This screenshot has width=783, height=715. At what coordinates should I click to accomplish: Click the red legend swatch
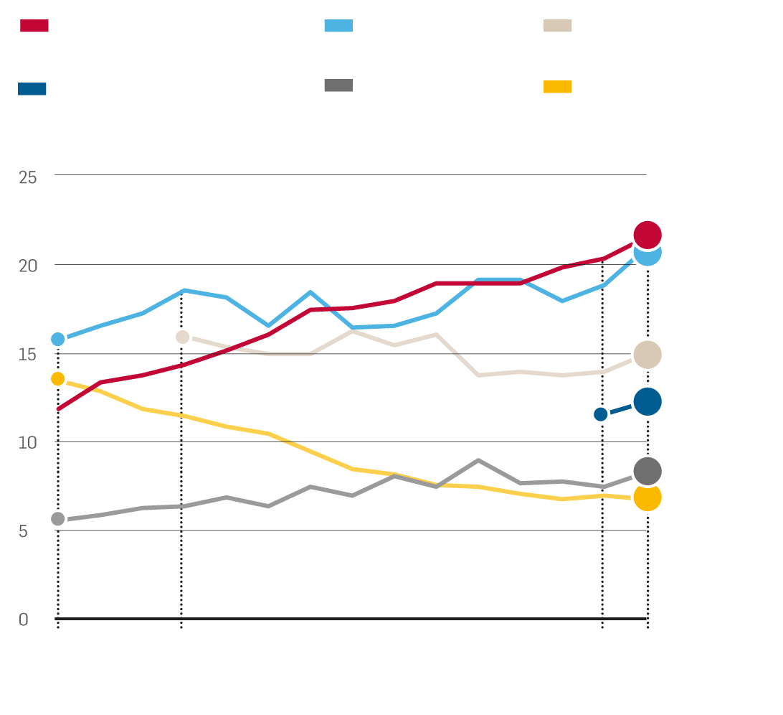(x=34, y=26)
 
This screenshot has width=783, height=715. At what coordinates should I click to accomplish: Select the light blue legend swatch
(x=338, y=26)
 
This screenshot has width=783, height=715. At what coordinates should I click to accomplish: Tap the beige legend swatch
(x=557, y=26)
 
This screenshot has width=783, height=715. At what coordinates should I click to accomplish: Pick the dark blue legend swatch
(x=32, y=89)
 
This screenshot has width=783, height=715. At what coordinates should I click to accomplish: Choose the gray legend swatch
(x=338, y=85)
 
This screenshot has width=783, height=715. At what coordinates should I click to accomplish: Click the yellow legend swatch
(x=557, y=87)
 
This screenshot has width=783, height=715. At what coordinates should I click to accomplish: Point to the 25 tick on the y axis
(x=28, y=177)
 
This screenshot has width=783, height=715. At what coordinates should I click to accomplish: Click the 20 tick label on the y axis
(x=28, y=266)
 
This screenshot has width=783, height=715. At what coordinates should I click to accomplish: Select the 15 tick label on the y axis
(x=28, y=355)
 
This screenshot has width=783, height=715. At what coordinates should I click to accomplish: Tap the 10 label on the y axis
(x=28, y=443)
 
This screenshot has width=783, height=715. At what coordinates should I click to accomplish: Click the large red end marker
(x=647, y=235)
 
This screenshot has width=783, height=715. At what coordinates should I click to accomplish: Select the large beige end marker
(x=647, y=355)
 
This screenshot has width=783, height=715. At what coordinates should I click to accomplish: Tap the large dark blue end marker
(x=647, y=401)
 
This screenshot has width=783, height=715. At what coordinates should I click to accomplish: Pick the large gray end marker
(x=647, y=471)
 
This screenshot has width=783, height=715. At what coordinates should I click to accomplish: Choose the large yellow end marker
(x=647, y=497)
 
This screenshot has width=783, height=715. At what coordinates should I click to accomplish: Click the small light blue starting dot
(x=58, y=339)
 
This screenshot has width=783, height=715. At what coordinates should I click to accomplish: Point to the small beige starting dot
(x=182, y=337)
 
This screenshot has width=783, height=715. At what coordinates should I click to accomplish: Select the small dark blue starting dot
(x=601, y=414)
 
